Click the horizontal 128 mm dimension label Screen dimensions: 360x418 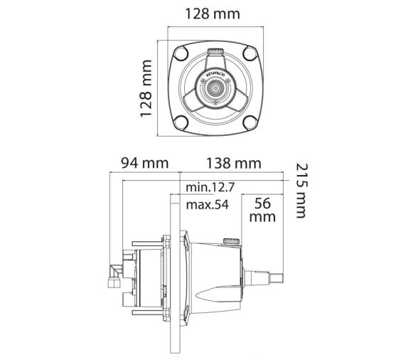tap(212, 14)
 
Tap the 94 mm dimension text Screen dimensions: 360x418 tap(144, 163)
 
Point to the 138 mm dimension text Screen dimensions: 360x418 tap(233, 163)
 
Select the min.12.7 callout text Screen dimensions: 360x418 tap(210, 188)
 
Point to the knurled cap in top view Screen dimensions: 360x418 tap(215, 53)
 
